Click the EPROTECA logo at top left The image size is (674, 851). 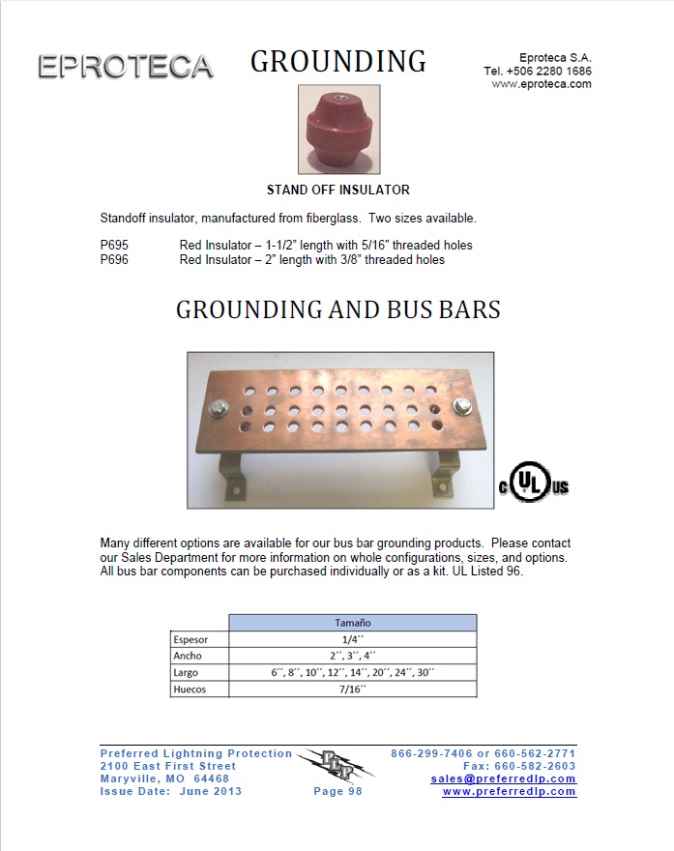(125, 67)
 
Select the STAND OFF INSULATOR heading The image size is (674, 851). (337, 190)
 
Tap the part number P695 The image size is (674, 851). (114, 246)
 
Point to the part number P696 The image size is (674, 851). (114, 259)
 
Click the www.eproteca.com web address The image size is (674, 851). (542, 84)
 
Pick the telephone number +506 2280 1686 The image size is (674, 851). (538, 71)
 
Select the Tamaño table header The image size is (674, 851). (352, 623)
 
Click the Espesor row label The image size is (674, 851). (190, 639)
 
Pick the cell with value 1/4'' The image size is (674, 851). (352, 639)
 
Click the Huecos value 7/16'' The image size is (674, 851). (352, 690)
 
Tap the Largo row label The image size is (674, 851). (187, 673)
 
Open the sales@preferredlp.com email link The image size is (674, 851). (503, 778)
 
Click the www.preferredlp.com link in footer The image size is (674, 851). (509, 791)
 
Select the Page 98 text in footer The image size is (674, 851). (337, 791)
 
